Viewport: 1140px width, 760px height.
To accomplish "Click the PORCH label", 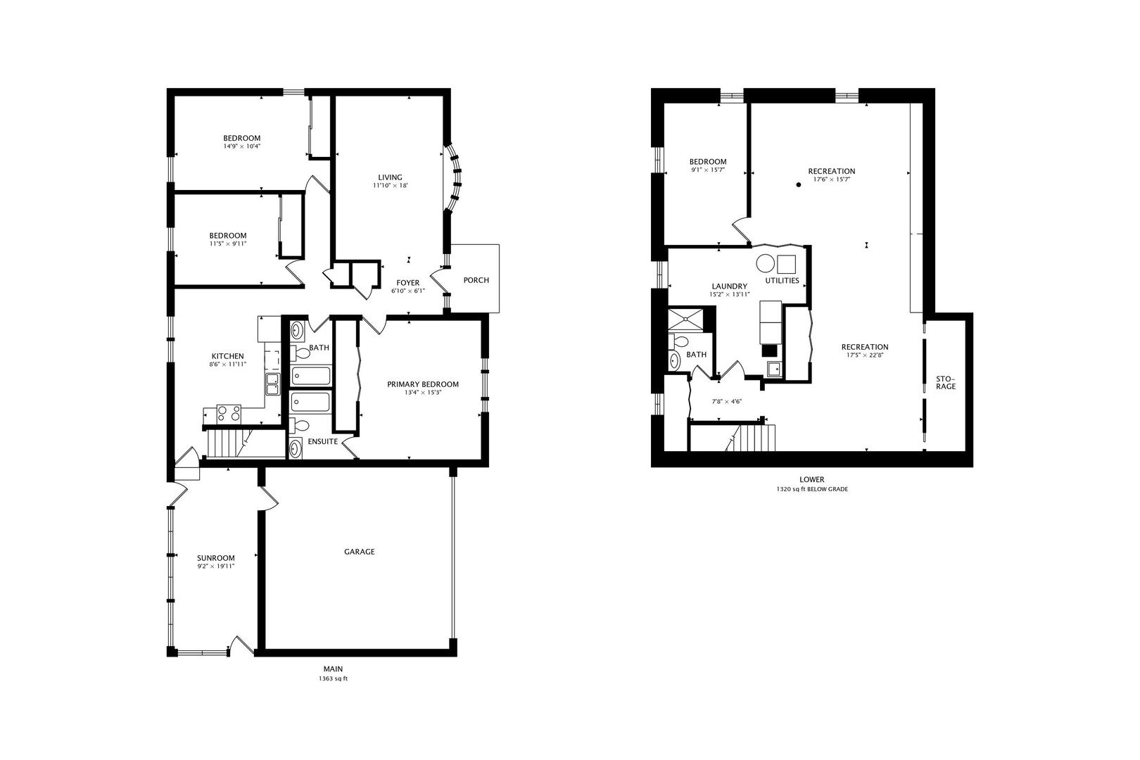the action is pyautogui.click(x=476, y=280).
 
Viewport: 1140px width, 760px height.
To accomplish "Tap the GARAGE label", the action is pyautogui.click(x=360, y=551).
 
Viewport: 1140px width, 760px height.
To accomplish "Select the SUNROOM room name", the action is pyautogui.click(x=216, y=558).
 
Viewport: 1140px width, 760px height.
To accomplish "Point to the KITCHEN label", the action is pyautogui.click(x=227, y=356).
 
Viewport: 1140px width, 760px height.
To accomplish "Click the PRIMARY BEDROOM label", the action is pyautogui.click(x=423, y=384).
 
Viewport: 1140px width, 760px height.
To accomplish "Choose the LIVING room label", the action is pyautogui.click(x=391, y=177).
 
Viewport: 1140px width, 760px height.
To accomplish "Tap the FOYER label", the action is pyautogui.click(x=407, y=283).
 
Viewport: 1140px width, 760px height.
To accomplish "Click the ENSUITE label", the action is pyautogui.click(x=323, y=441).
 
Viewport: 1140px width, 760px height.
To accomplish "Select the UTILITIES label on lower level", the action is pyautogui.click(x=783, y=281).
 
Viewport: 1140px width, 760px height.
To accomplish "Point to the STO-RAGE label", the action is pyautogui.click(x=946, y=383).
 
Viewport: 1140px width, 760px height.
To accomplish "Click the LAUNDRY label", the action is pyautogui.click(x=729, y=286).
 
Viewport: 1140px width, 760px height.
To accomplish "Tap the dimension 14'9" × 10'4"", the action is pyautogui.click(x=242, y=146).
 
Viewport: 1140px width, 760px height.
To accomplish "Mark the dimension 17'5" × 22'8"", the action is pyautogui.click(x=865, y=355).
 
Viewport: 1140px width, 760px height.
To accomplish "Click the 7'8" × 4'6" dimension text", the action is pyautogui.click(x=727, y=401).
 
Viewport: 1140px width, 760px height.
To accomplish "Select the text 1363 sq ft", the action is pyautogui.click(x=334, y=678).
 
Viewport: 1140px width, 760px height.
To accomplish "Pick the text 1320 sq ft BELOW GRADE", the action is pyautogui.click(x=812, y=489).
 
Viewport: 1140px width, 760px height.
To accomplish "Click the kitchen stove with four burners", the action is pyautogui.click(x=229, y=413).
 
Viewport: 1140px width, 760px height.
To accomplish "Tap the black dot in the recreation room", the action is pyautogui.click(x=799, y=185).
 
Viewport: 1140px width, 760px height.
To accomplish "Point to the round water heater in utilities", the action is pyautogui.click(x=765, y=264).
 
